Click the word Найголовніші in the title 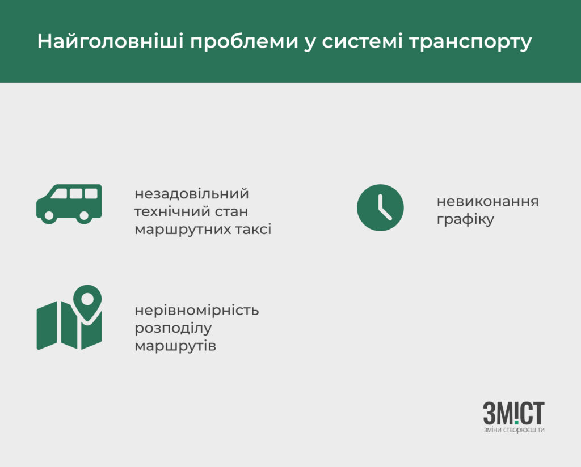tap(111, 41)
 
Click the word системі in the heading tap(362, 41)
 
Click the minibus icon tap(69, 204)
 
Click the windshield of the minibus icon tap(59, 193)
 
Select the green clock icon tap(380, 207)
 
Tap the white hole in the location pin tap(87, 298)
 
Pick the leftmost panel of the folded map tap(47, 326)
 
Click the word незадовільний tap(192, 194)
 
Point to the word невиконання tap(487, 202)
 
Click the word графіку tap(465, 220)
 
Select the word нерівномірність tap(197, 310)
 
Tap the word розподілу tap(173, 328)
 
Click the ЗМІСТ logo tap(514, 413)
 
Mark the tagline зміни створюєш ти tap(514, 430)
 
